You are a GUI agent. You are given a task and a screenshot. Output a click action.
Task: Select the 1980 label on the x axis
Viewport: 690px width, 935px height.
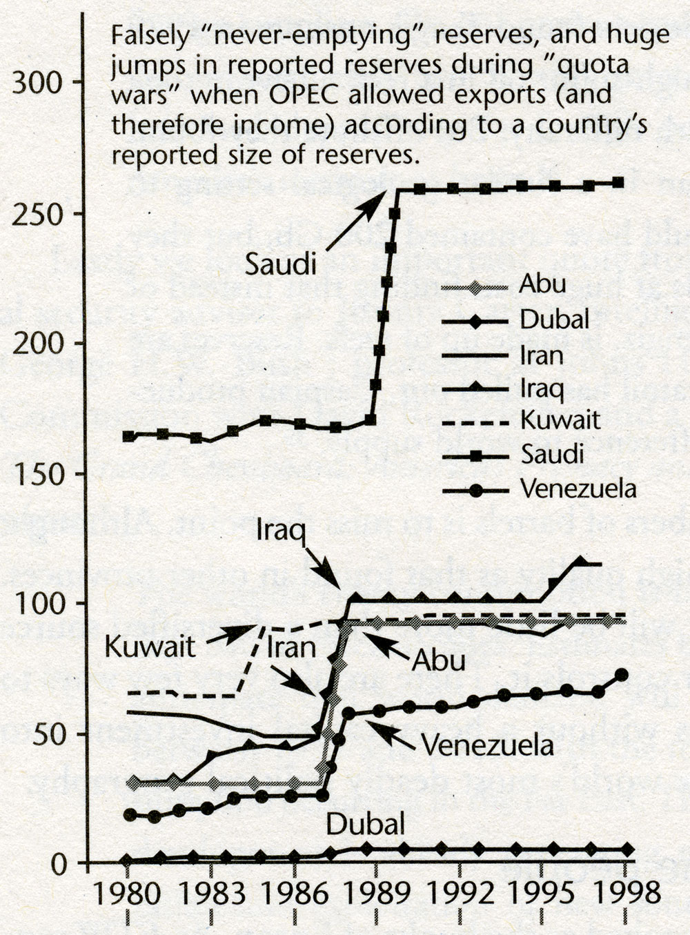[128, 895]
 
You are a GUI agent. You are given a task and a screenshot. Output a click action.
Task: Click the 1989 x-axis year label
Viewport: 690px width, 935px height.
[377, 895]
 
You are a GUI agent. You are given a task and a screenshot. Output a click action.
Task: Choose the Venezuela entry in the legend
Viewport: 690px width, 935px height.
[577, 489]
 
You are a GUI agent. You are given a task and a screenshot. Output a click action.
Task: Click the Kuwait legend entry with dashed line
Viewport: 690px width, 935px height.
[560, 420]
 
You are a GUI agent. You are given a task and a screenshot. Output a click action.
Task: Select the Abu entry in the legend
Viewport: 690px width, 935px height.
[542, 284]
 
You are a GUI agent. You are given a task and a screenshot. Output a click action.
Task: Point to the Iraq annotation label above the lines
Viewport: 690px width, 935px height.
[281, 531]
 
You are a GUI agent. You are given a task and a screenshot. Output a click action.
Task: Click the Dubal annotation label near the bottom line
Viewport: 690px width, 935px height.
[365, 824]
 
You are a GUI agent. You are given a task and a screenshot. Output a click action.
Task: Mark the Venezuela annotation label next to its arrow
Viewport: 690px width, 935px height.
[487, 747]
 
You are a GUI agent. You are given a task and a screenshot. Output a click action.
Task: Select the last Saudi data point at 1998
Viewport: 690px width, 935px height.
[618, 183]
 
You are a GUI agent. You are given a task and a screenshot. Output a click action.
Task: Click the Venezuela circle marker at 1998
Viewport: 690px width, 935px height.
[621, 675]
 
